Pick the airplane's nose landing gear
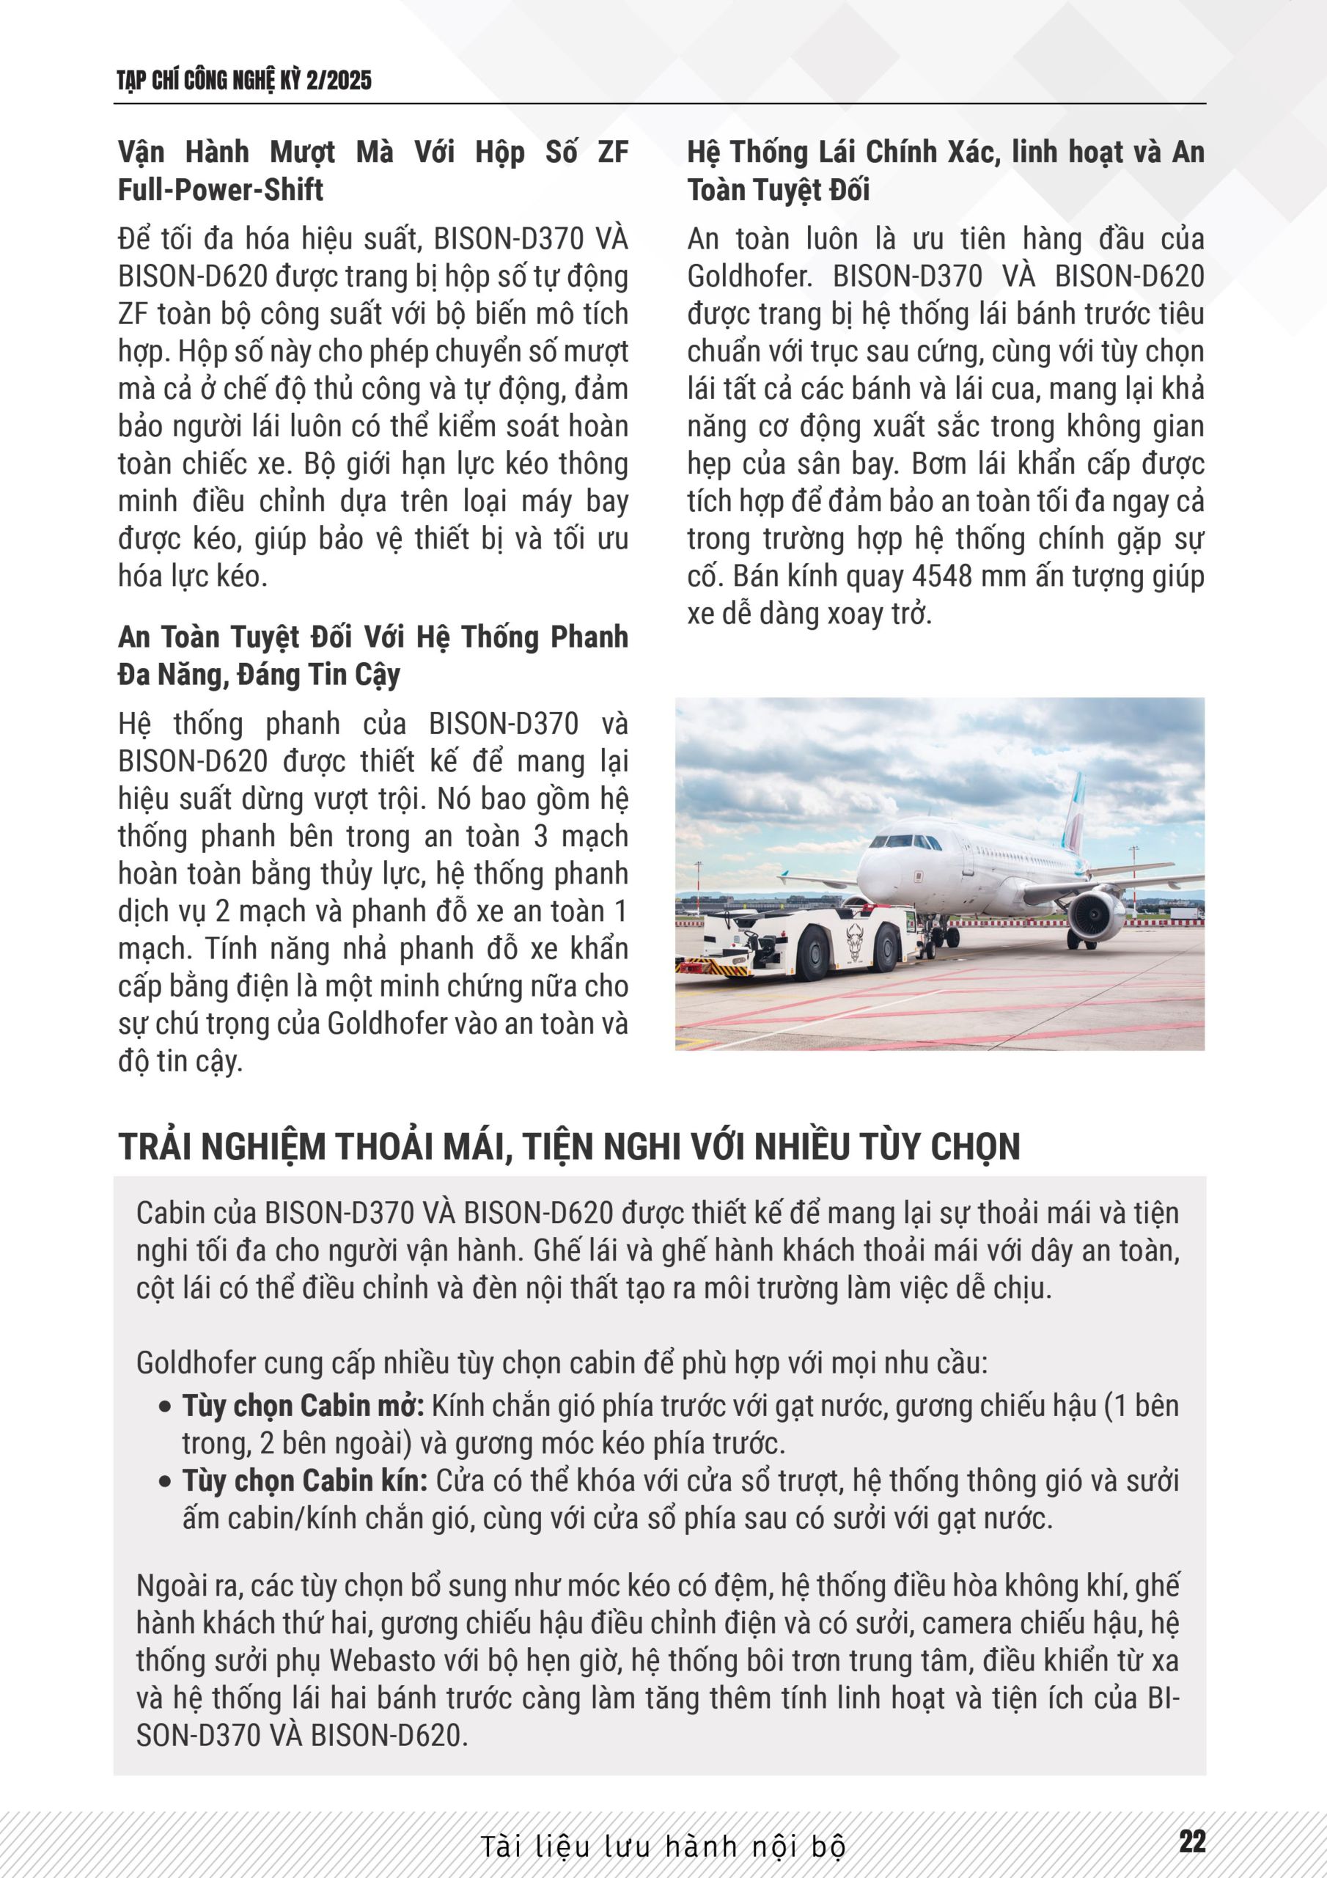[927, 944]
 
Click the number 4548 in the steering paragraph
[941, 576]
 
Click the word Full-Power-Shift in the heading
[221, 190]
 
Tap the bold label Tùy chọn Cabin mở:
[303, 1405]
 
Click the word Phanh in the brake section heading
[587, 637]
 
